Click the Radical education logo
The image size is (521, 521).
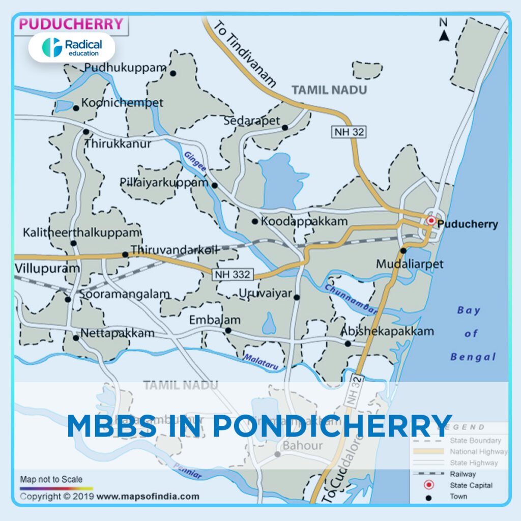pyautogui.click(x=71, y=47)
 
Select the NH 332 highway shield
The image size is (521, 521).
pyautogui.click(x=233, y=275)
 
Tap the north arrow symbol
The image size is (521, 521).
pyautogui.click(x=444, y=33)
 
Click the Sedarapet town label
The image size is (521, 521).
pyautogui.click(x=252, y=121)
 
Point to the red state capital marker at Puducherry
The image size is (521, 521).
pyautogui.click(x=431, y=220)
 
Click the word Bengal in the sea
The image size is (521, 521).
pyautogui.click(x=473, y=357)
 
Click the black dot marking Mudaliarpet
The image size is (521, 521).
pyautogui.click(x=403, y=250)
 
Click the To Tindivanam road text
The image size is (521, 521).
pyautogui.click(x=244, y=53)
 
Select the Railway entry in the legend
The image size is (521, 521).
pyautogui.click(x=463, y=474)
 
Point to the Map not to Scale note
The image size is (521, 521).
pyautogui.click(x=51, y=479)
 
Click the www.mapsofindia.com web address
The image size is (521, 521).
pyautogui.click(x=148, y=496)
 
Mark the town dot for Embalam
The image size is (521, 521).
pyautogui.click(x=228, y=330)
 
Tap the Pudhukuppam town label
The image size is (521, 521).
pyautogui.click(x=125, y=68)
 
